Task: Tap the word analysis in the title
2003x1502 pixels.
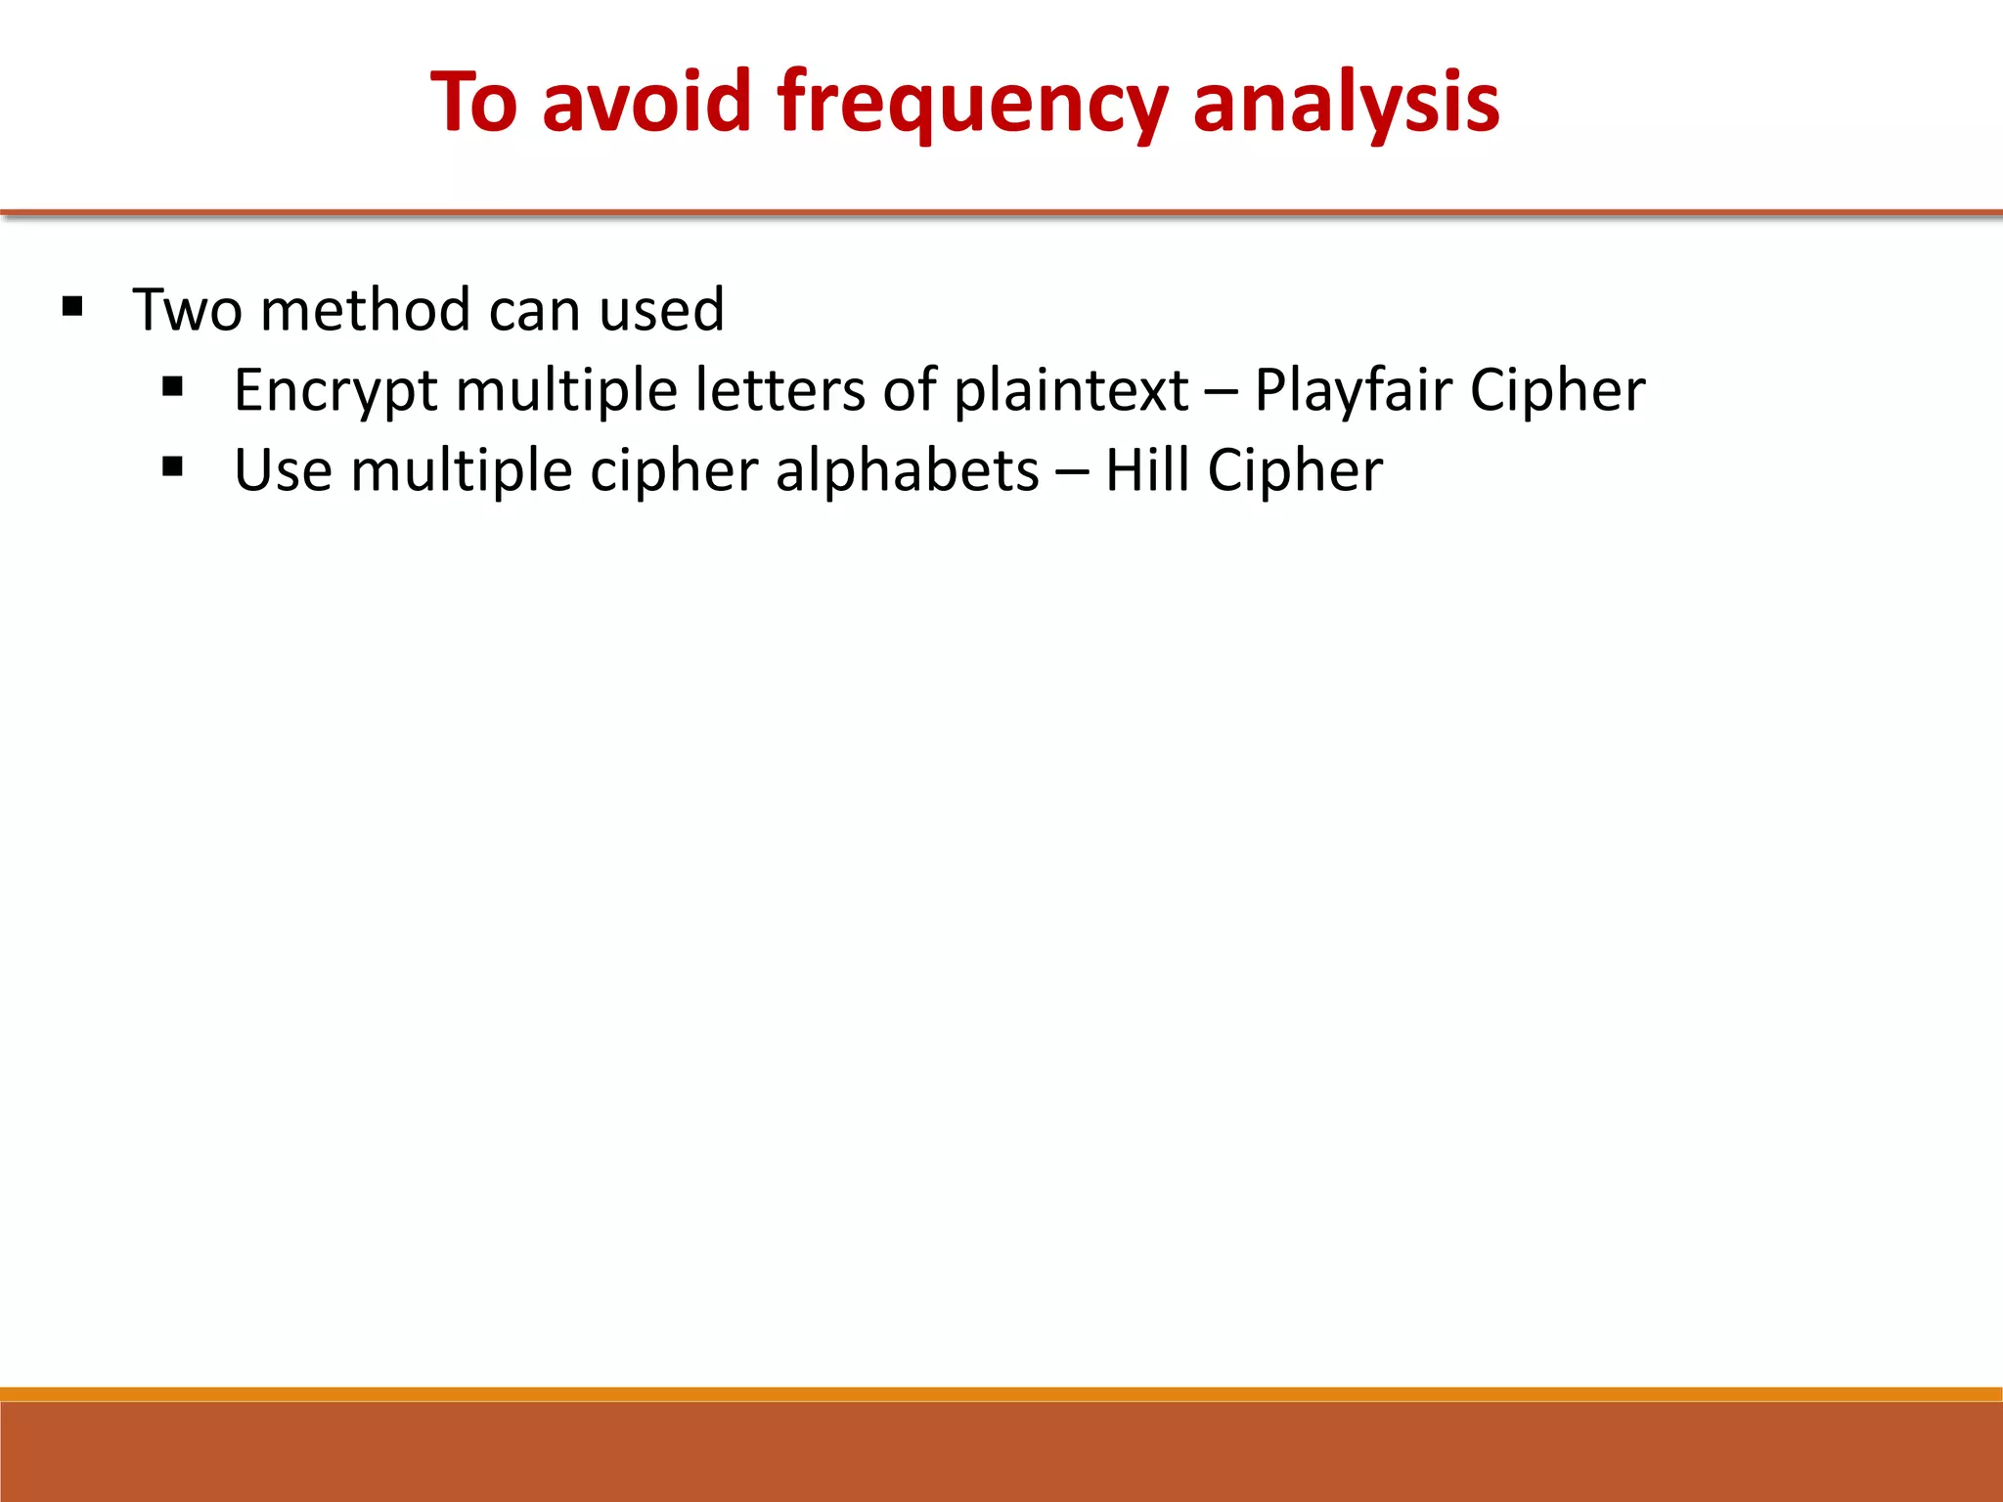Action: (x=1346, y=104)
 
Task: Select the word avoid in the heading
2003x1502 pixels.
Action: (x=646, y=102)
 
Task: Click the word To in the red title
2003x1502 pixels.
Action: (x=474, y=102)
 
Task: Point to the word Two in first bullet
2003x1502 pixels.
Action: (x=188, y=310)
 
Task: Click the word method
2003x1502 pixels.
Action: (x=366, y=310)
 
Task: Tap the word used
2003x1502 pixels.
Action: (x=661, y=310)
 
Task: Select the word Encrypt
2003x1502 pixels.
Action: (x=335, y=391)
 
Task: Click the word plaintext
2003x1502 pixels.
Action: (x=1071, y=390)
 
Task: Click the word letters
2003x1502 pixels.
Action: (x=779, y=390)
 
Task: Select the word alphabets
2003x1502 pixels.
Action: (x=907, y=470)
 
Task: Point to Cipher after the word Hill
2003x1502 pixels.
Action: (x=1295, y=471)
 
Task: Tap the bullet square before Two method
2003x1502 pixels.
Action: (x=72, y=308)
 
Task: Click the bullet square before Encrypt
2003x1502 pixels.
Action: (x=173, y=388)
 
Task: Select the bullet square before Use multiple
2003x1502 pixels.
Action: (x=173, y=468)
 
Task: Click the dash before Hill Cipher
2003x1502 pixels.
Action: (x=1071, y=472)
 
